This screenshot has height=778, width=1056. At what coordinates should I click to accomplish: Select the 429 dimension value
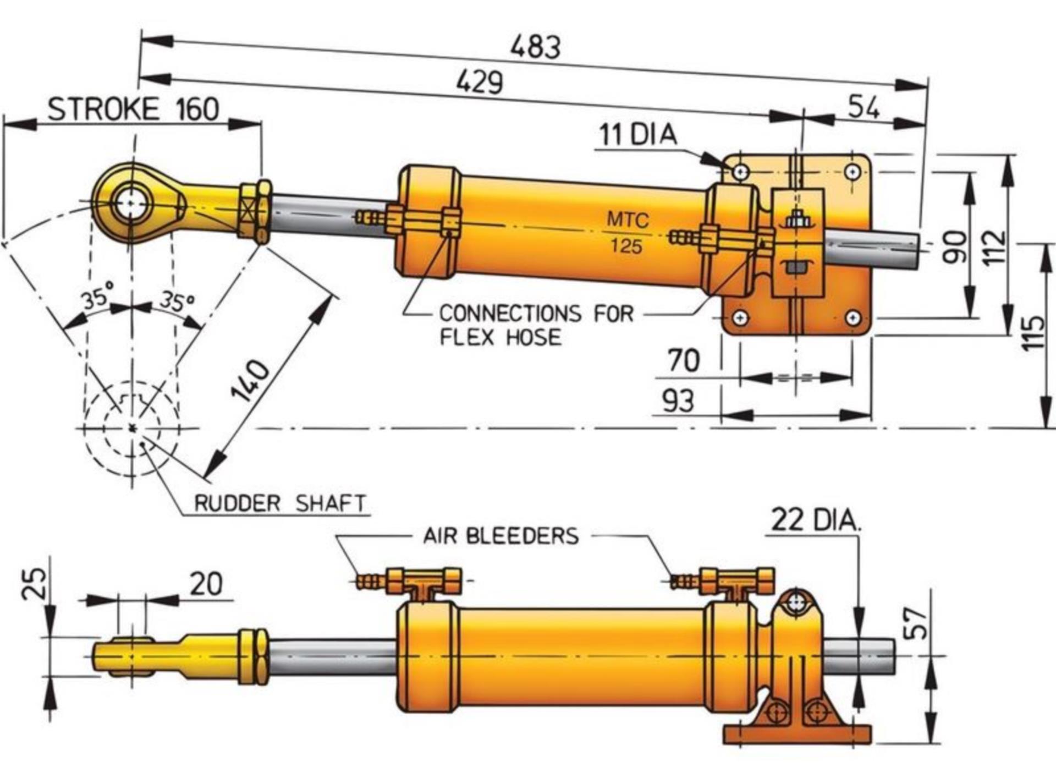[479, 83]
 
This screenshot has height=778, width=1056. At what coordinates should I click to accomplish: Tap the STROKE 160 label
[133, 109]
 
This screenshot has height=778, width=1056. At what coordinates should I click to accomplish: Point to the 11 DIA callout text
[637, 134]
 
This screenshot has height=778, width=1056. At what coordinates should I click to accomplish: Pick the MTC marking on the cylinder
[628, 220]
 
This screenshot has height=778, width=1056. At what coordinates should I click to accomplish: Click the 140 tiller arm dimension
[250, 381]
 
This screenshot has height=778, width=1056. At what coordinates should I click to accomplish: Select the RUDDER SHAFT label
[280, 503]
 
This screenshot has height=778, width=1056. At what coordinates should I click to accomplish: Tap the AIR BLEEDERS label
[501, 535]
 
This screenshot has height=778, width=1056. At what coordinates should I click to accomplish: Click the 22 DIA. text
[816, 520]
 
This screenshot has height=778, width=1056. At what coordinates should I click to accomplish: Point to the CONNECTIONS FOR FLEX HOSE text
[536, 325]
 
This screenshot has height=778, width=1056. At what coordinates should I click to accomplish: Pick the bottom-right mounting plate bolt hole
[853, 317]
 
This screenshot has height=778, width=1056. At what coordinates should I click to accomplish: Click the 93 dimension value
[678, 401]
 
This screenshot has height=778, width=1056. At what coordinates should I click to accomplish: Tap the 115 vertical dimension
[1033, 332]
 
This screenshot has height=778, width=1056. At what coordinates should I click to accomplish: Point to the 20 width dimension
[206, 584]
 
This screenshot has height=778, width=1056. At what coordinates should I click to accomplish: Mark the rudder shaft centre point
[131, 428]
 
